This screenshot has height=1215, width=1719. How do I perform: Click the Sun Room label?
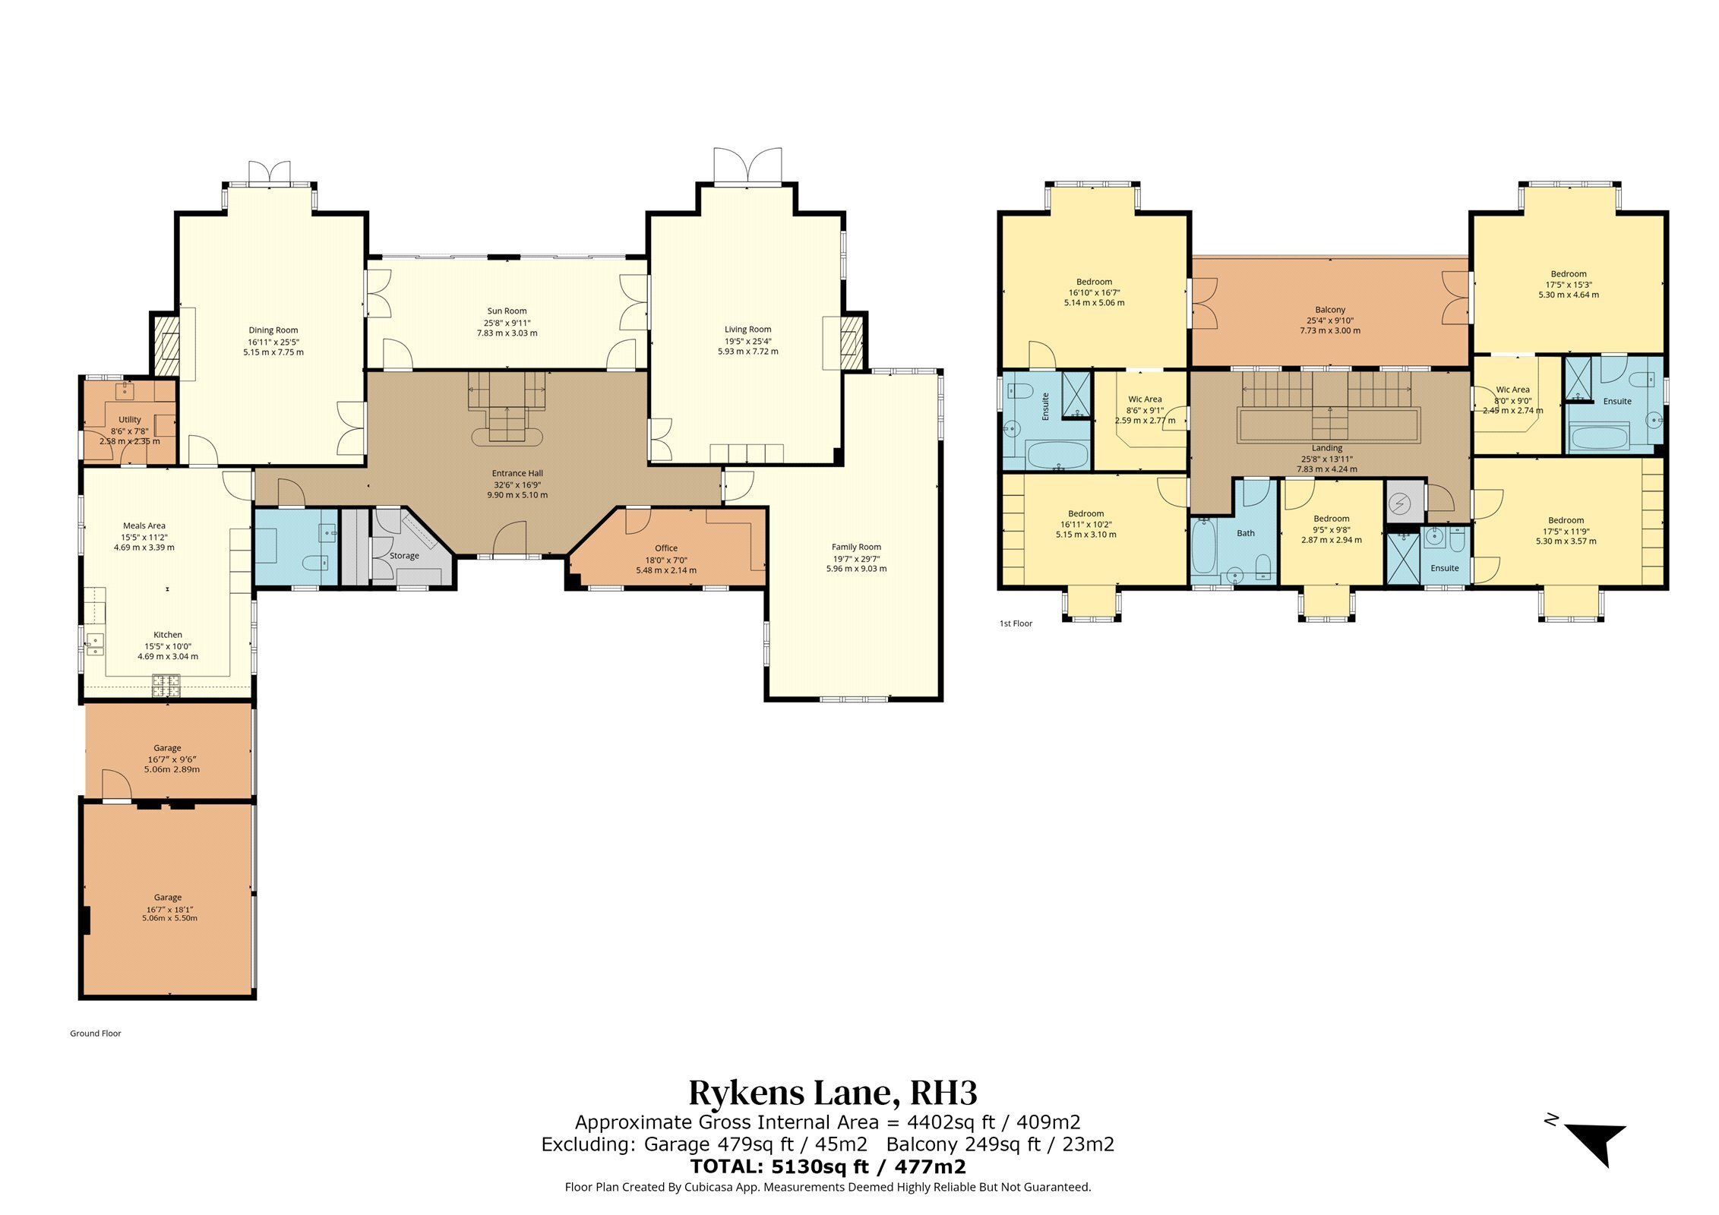click(507, 311)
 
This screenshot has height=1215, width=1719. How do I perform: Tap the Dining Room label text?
click(273, 330)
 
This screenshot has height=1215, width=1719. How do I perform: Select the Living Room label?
click(747, 330)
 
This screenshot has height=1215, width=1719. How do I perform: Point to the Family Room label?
click(856, 547)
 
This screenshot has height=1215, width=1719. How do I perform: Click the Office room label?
click(666, 548)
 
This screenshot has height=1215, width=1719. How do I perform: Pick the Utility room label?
click(130, 420)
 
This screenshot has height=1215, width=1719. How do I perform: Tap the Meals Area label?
click(144, 525)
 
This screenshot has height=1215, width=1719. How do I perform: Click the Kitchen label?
click(168, 635)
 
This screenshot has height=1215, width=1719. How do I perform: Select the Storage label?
click(404, 556)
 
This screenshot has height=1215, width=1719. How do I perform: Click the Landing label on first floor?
click(1327, 448)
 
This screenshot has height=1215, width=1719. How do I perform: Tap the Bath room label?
click(1246, 533)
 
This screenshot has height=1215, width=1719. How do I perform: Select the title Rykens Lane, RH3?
click(833, 1093)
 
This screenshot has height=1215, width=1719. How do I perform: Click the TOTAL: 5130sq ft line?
click(828, 1166)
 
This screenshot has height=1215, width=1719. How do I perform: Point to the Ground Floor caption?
click(96, 1034)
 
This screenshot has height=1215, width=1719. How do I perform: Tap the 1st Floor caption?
click(1016, 623)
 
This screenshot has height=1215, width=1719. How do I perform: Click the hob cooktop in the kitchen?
click(167, 686)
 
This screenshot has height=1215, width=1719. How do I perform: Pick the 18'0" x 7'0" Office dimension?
click(666, 560)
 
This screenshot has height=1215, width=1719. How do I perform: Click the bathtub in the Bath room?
click(1204, 546)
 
